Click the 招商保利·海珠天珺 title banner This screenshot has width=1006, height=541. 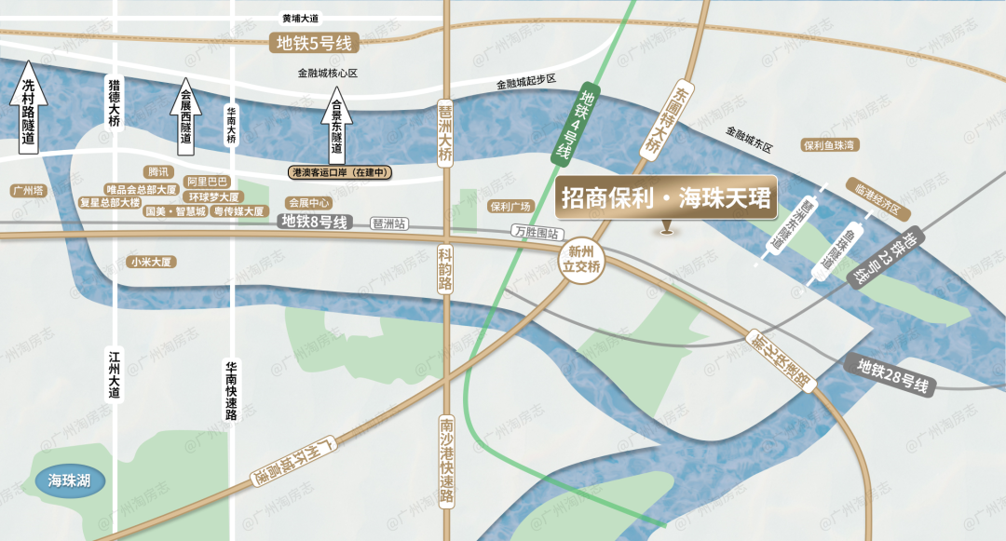(667, 198)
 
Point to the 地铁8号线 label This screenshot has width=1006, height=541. (315, 222)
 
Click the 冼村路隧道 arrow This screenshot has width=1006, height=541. (29, 108)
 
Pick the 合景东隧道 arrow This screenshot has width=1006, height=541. (337, 125)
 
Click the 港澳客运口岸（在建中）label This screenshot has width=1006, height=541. (339, 173)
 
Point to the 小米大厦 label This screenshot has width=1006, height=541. (153, 263)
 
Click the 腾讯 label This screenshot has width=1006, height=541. (158, 172)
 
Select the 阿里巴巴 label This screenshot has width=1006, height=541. (207, 182)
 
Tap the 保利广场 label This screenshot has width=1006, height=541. (510, 207)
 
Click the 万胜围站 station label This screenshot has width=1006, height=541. (534, 232)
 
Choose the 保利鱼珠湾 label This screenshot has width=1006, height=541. (829, 146)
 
